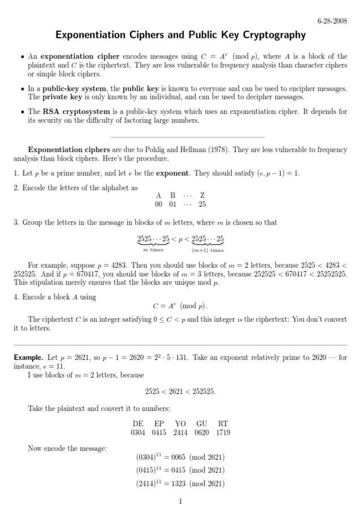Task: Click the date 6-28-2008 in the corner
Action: (332, 21)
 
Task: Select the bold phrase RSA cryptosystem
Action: (72, 112)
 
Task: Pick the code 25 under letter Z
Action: (202, 204)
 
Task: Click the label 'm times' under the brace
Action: (153, 250)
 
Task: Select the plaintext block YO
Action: (181, 423)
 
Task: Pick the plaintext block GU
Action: (202, 423)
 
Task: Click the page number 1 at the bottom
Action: (180, 502)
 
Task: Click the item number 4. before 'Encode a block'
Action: (16, 297)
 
